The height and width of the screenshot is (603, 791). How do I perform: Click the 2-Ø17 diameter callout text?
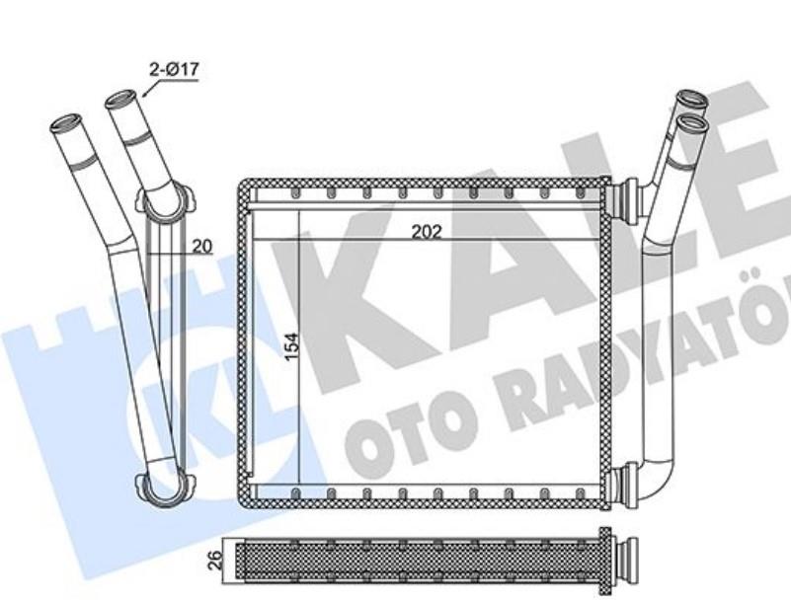click(173, 69)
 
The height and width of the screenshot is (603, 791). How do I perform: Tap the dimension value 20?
click(201, 247)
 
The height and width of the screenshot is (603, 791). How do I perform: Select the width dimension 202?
click(426, 232)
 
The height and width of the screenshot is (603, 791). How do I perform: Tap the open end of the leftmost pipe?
click(65, 126)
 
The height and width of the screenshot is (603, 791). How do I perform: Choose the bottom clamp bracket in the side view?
click(159, 490)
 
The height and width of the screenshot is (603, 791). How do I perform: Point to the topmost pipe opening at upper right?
click(691, 100)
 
